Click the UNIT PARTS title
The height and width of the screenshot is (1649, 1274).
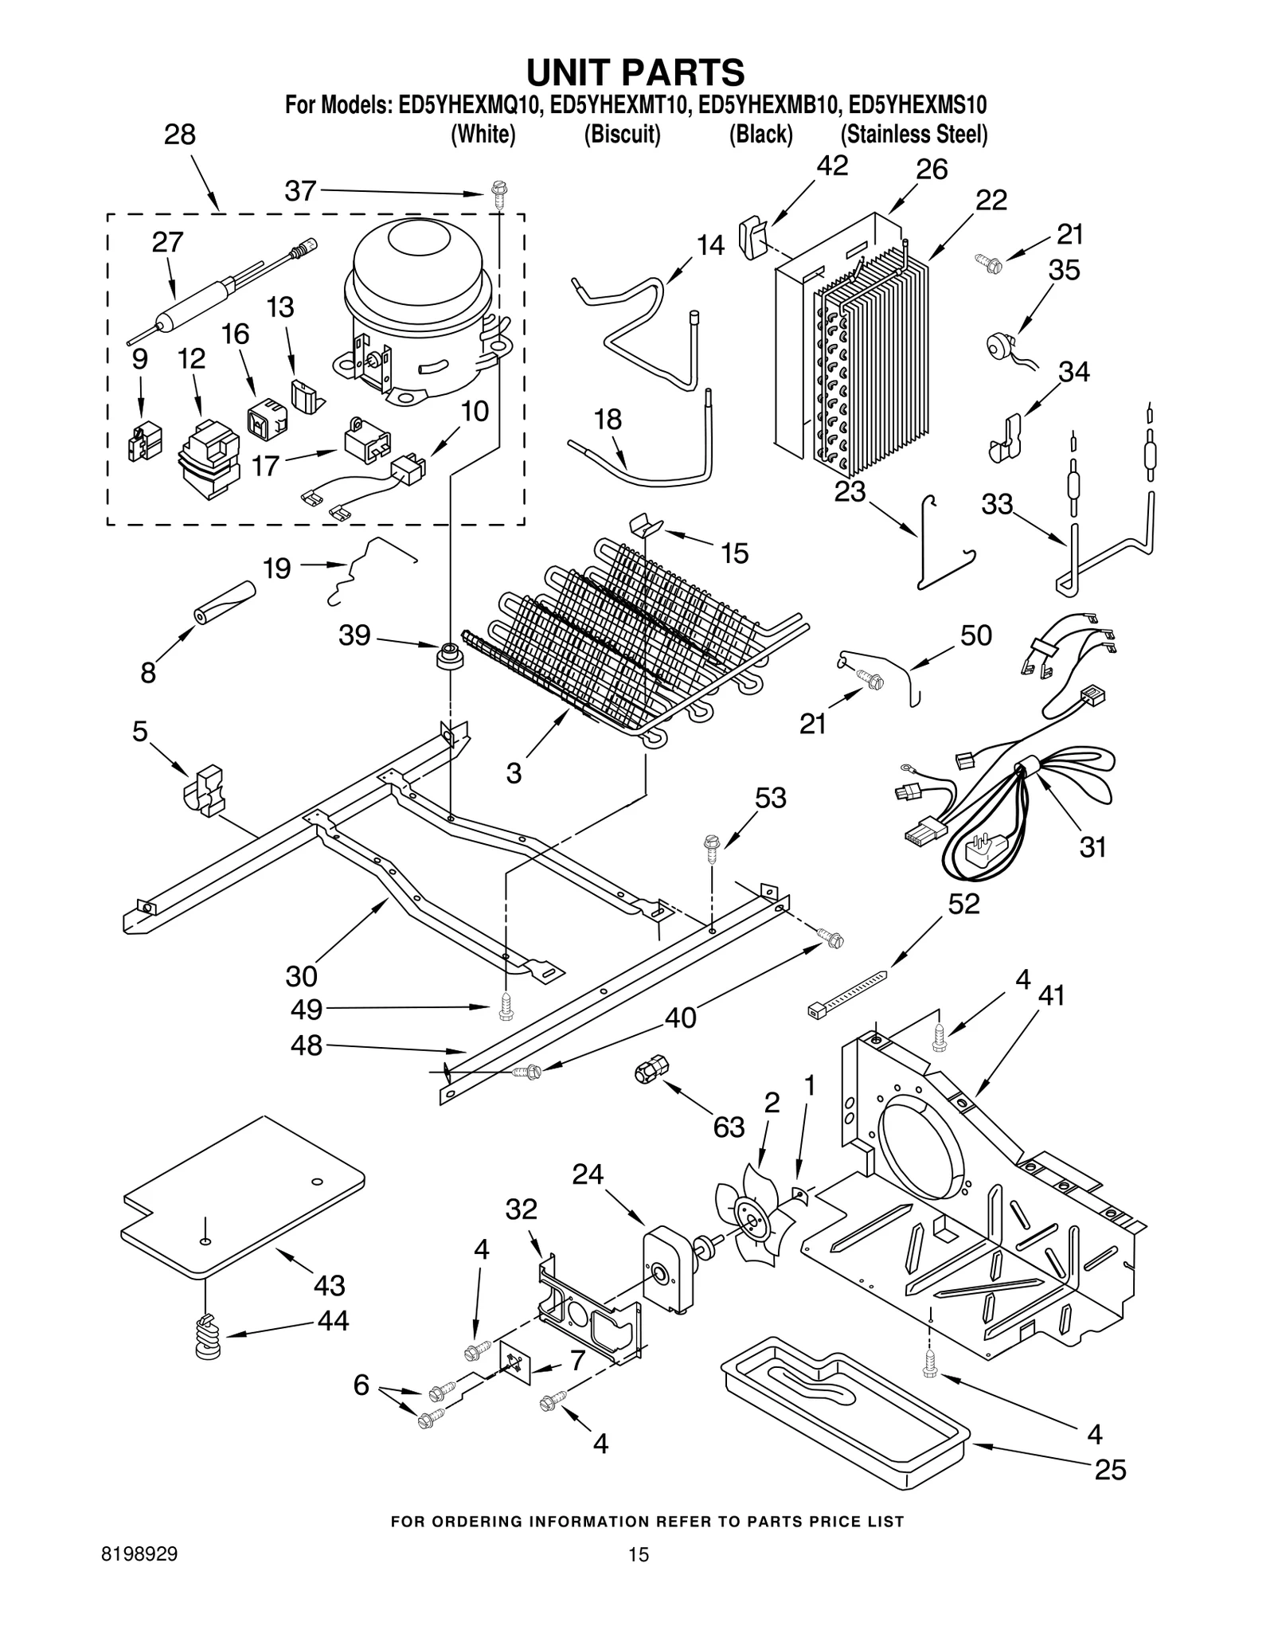pyautogui.click(x=635, y=72)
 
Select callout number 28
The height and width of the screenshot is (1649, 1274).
pyautogui.click(x=180, y=135)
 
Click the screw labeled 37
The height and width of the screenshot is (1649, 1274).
pyautogui.click(x=498, y=193)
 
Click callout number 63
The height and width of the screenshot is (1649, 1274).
pyautogui.click(x=728, y=1126)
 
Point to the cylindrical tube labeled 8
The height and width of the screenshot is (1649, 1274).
pyautogui.click(x=224, y=604)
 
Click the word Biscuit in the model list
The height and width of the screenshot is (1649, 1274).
pyautogui.click(x=622, y=135)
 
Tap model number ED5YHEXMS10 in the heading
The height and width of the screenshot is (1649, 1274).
pyautogui.click(x=917, y=104)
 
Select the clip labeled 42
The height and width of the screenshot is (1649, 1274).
pyautogui.click(x=751, y=237)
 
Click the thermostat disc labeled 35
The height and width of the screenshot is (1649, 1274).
pyautogui.click(x=996, y=344)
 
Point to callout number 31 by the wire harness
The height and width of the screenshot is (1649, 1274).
pyautogui.click(x=1092, y=846)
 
